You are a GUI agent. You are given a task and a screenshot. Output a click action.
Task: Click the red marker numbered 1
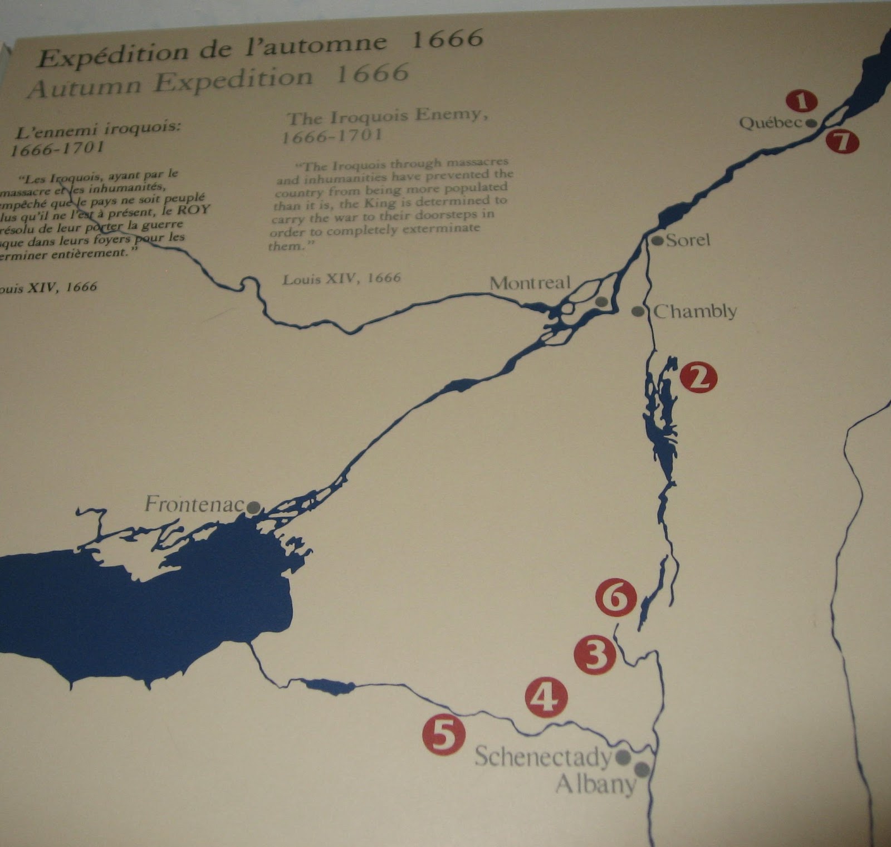[801, 101]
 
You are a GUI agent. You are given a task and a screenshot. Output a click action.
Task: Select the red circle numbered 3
[595, 655]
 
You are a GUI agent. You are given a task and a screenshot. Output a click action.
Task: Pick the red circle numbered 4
[546, 697]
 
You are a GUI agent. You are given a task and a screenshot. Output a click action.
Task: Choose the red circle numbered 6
[615, 598]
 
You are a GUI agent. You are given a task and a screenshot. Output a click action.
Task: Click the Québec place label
[770, 123]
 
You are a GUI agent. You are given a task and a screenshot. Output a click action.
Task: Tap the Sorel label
[688, 240]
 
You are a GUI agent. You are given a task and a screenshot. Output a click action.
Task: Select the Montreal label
[530, 283]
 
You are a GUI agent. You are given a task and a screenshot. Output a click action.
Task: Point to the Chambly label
[695, 311]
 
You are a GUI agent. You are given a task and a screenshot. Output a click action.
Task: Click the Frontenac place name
[194, 505]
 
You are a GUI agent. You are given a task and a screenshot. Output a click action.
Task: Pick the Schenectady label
[543, 757]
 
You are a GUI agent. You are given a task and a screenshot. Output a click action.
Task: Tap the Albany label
[595, 784]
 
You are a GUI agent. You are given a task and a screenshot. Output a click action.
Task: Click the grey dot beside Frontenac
[253, 507]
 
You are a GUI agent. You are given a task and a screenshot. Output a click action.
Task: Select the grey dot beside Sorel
[658, 241]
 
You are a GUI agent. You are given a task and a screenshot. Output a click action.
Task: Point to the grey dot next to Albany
[642, 770]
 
